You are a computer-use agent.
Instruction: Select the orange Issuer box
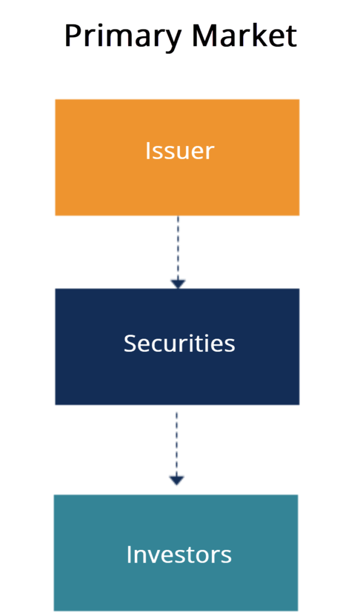click(177, 157)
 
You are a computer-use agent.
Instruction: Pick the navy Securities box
click(177, 346)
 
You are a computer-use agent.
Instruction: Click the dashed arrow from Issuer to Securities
click(178, 250)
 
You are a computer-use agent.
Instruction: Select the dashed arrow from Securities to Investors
click(176, 445)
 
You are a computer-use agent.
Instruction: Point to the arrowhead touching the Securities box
click(178, 283)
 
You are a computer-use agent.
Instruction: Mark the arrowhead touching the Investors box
click(176, 480)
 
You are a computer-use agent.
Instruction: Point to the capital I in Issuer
click(147, 150)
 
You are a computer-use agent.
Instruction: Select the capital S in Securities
click(131, 343)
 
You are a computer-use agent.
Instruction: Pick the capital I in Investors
click(129, 553)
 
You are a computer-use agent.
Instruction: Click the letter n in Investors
click(140, 555)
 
